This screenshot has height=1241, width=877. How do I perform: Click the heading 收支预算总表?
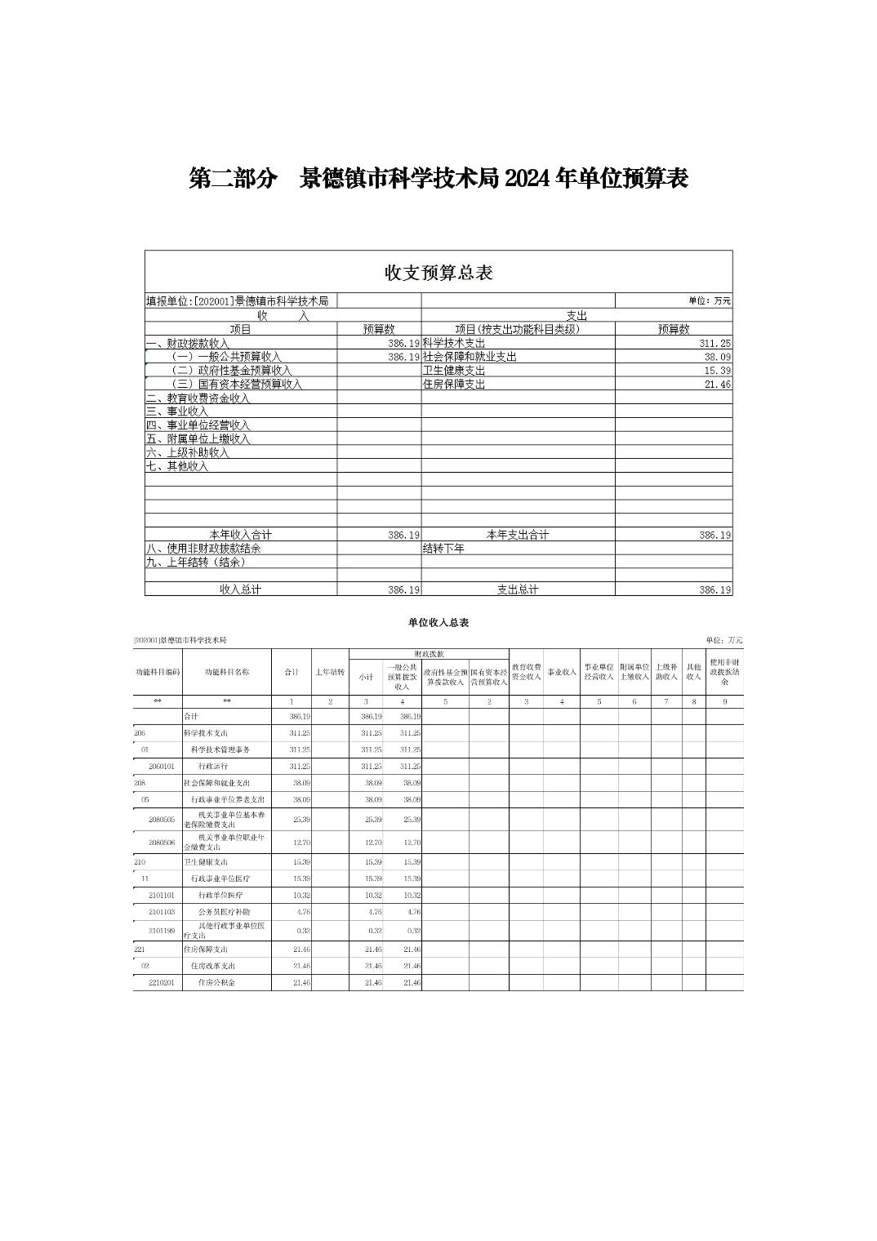point(438,273)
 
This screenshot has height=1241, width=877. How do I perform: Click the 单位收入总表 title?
point(438,623)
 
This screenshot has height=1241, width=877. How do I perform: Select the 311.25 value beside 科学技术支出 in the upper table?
point(715,344)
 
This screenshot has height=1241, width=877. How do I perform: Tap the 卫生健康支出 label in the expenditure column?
point(454,371)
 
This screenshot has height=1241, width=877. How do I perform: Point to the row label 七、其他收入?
point(177,466)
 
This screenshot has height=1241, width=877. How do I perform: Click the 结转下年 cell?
point(443,549)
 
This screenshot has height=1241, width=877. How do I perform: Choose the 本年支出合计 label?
point(518,535)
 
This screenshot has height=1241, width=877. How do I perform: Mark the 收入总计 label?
point(240,589)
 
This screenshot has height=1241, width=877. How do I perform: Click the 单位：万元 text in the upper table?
point(710,301)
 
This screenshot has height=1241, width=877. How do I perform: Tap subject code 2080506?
point(162,843)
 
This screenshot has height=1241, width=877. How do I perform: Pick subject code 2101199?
point(162,931)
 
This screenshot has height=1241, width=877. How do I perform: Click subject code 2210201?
point(162,983)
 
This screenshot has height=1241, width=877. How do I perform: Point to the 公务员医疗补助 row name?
point(225,912)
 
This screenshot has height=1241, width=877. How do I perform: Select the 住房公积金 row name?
point(217,983)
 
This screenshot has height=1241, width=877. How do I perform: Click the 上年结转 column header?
point(330,673)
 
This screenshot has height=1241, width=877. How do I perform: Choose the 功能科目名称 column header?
point(226,673)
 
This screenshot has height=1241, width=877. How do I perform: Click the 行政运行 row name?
point(213,767)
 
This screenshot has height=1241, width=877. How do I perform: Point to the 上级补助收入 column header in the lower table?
point(666,672)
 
